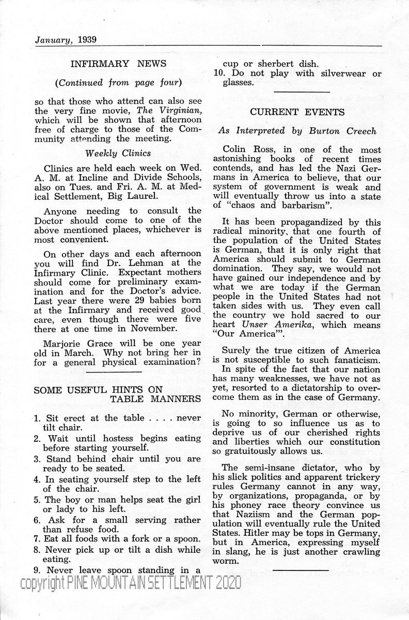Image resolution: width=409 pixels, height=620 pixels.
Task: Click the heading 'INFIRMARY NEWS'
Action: point(118,64)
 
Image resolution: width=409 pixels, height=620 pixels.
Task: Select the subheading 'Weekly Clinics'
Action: point(118,153)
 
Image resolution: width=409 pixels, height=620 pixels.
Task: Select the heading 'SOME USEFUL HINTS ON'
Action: point(98,390)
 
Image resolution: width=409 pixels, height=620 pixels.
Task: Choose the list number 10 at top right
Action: point(217,73)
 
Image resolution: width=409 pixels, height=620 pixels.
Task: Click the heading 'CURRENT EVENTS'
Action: point(297,111)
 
